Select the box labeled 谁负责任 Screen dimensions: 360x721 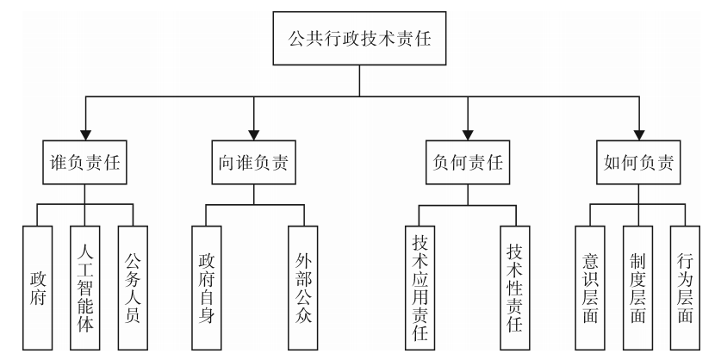(x=84, y=162)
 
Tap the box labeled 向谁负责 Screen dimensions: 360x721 (x=253, y=162)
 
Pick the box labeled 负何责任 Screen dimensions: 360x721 (x=466, y=162)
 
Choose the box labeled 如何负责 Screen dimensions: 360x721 (x=636, y=162)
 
